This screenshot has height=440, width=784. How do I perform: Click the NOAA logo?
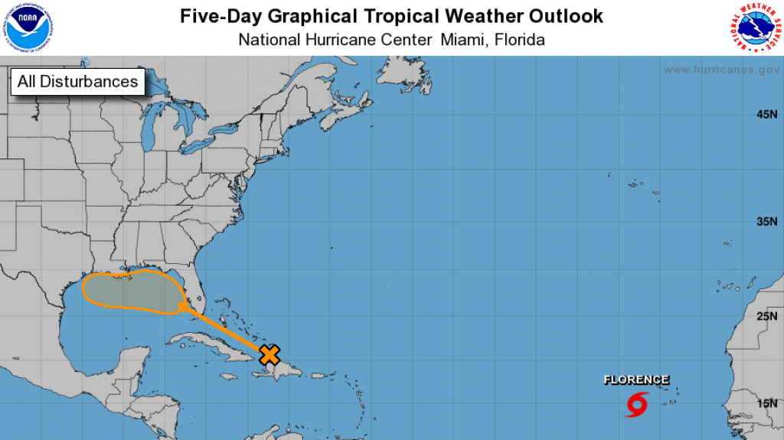[x=29, y=28]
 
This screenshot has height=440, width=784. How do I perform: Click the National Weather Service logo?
[x=754, y=28]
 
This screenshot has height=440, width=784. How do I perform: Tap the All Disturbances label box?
[x=77, y=82]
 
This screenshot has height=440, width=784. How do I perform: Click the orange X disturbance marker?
[x=269, y=354]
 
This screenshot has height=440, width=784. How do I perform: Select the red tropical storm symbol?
[x=637, y=404]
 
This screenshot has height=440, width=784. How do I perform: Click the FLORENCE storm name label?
[x=636, y=380]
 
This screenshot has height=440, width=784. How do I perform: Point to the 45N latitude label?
[x=766, y=115]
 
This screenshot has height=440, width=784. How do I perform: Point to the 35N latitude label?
[x=766, y=222]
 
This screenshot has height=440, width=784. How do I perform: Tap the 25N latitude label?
[x=766, y=316]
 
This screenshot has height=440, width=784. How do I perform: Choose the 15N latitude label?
[x=766, y=403]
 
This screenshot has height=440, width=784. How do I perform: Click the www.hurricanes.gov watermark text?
[x=721, y=70]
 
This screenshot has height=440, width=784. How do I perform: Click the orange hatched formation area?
[x=130, y=290]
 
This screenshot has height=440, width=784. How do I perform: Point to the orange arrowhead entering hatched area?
[x=184, y=307]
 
